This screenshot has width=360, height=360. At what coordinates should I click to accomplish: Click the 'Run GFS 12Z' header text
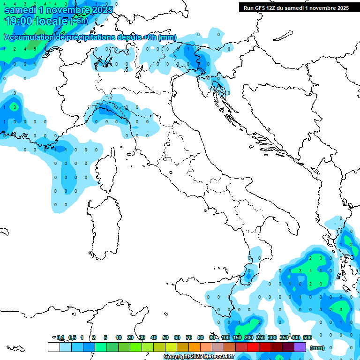tap(268, 7)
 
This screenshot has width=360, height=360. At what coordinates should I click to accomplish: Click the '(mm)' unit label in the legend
tap(317, 348)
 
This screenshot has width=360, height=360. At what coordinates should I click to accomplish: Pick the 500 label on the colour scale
tap(307, 337)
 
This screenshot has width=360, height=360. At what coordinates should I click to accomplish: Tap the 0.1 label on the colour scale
tap(60, 337)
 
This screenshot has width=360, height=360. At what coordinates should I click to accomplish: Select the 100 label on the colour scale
tap(225, 337)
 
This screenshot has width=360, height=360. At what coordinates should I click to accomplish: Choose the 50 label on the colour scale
tap(165, 337)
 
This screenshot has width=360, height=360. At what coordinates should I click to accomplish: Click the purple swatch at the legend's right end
tap(300, 347)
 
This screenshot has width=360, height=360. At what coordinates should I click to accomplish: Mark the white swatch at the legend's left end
tap(53, 347)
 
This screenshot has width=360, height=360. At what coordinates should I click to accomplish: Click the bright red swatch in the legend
tap(253, 347)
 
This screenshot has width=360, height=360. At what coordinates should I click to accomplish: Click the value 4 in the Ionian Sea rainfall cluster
tap(310, 271)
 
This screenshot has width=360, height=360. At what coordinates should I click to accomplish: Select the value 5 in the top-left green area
tap(35, 49)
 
